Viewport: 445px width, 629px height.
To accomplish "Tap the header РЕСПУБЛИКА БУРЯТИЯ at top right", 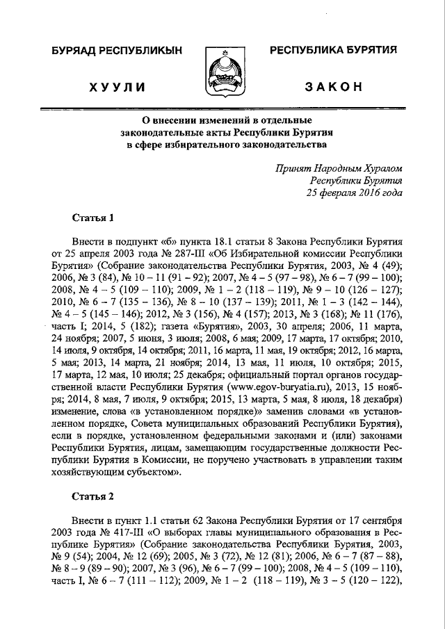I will click(x=333, y=49).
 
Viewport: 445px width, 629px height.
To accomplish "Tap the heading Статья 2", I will click(x=93, y=496).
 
